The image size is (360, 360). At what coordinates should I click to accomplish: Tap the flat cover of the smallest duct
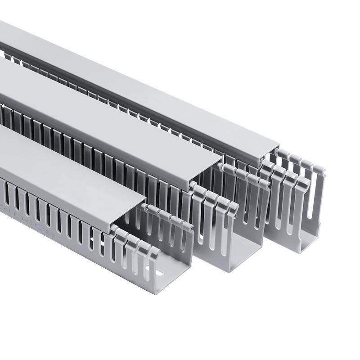[67, 157]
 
